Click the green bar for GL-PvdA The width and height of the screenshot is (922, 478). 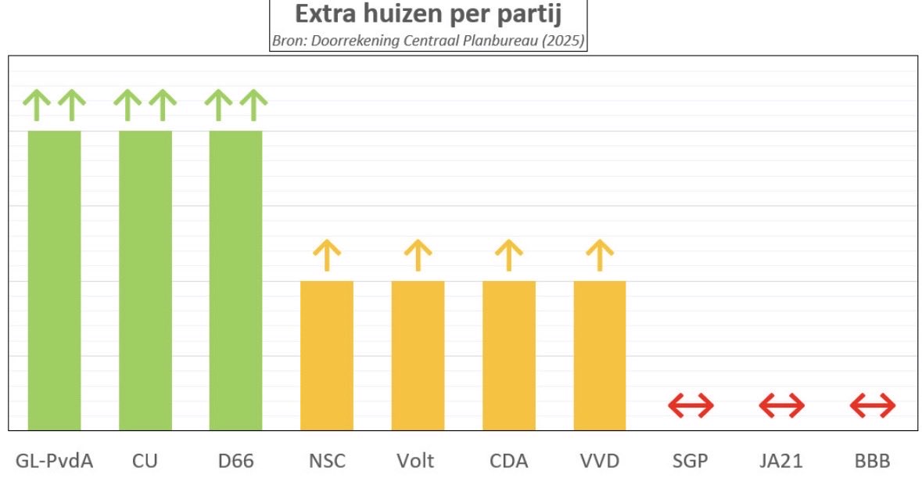[54, 280]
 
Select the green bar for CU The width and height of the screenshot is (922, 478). [145, 280]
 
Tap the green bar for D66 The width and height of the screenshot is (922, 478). [235, 280]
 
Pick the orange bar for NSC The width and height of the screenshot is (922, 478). [327, 355]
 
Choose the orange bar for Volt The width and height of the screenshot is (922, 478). [418, 355]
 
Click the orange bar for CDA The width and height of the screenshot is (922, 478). [508, 355]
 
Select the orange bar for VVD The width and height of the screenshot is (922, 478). [600, 355]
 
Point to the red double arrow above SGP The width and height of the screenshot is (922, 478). [691, 405]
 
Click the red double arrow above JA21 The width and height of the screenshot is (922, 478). [781, 405]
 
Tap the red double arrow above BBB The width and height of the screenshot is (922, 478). [873, 405]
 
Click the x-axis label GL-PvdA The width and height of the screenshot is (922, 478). [54, 461]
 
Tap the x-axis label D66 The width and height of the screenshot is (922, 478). [235, 461]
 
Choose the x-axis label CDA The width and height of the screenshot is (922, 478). [508, 461]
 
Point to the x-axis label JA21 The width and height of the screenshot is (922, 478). [781, 461]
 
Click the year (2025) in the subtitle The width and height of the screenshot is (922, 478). [565, 41]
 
